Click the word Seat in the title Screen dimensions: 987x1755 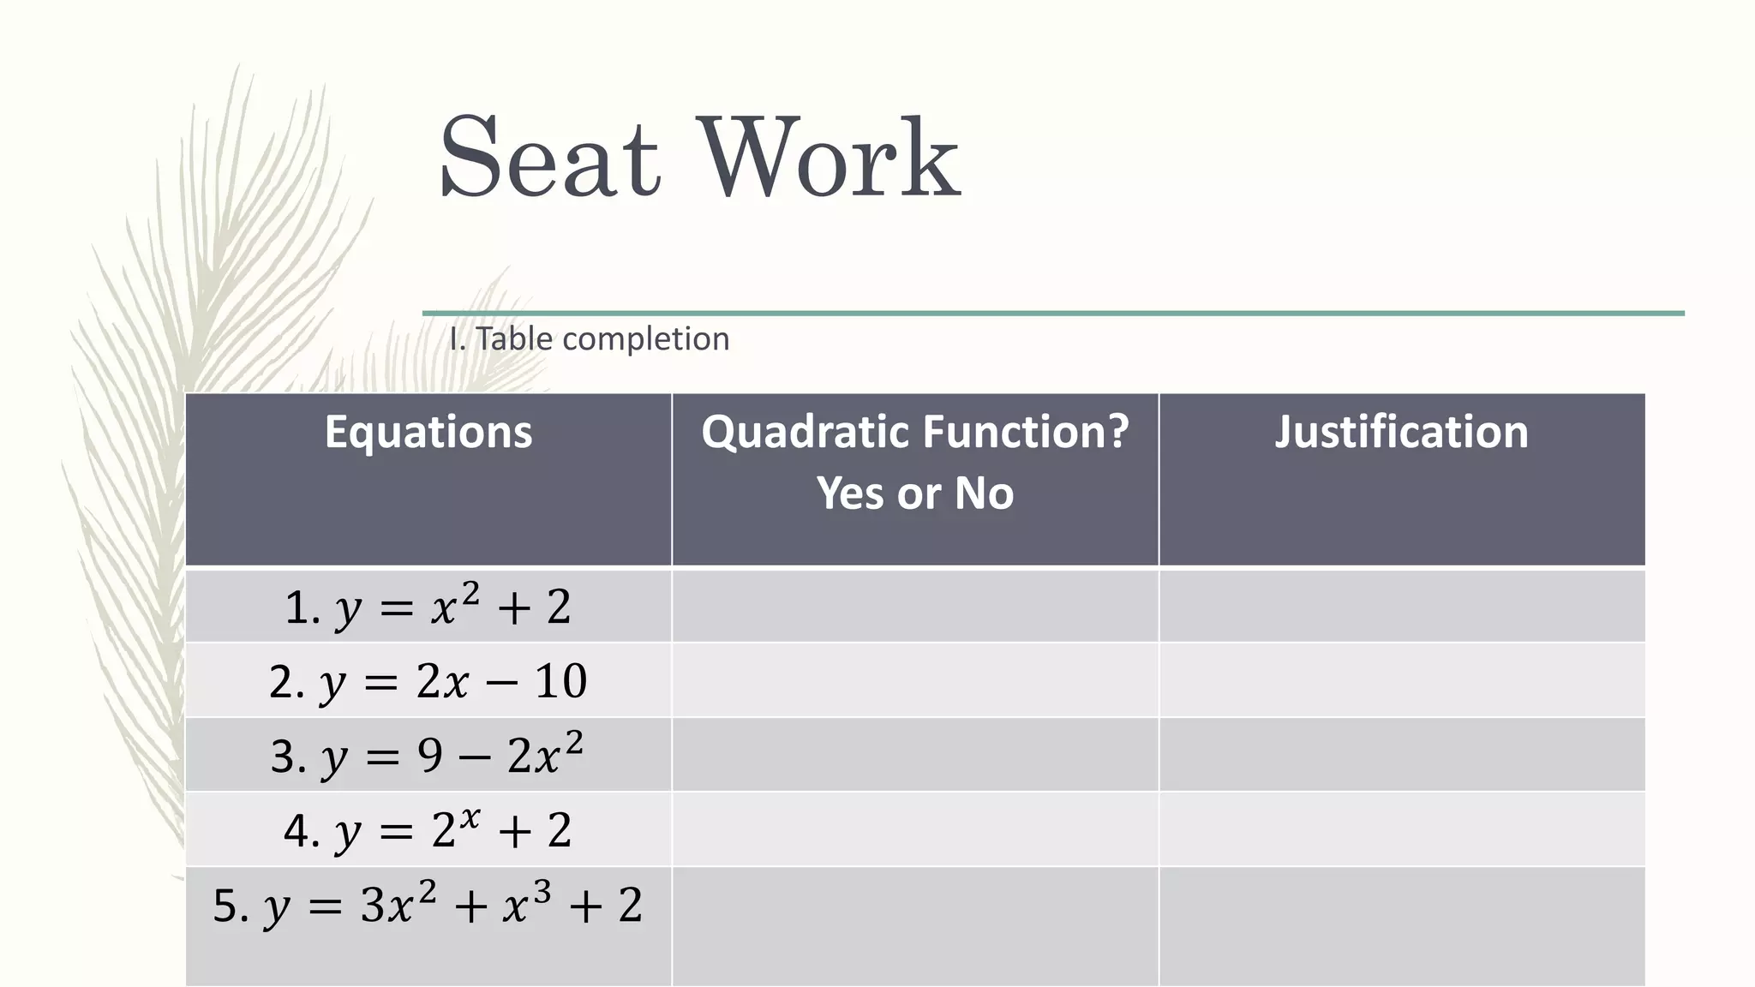(548, 159)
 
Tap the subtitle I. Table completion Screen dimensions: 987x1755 (590, 339)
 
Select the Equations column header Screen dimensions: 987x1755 (428, 432)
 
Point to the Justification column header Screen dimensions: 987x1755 (1401, 432)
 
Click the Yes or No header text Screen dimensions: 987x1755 (915, 493)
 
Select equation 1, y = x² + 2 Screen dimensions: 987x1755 (428, 607)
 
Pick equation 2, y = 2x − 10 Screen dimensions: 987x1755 (428, 682)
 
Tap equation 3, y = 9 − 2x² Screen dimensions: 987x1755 (428, 756)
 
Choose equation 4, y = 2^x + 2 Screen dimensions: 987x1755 (428, 830)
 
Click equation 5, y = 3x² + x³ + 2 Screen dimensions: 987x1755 (428, 905)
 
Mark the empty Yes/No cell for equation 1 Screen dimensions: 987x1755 (915, 607)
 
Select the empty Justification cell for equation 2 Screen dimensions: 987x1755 (1401, 681)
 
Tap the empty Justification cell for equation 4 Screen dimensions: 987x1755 (1401, 830)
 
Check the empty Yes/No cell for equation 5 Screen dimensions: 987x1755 (915, 925)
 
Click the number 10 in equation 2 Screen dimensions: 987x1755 (560, 682)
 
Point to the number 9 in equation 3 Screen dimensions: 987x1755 (430, 756)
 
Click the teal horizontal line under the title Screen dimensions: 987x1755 (1054, 314)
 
